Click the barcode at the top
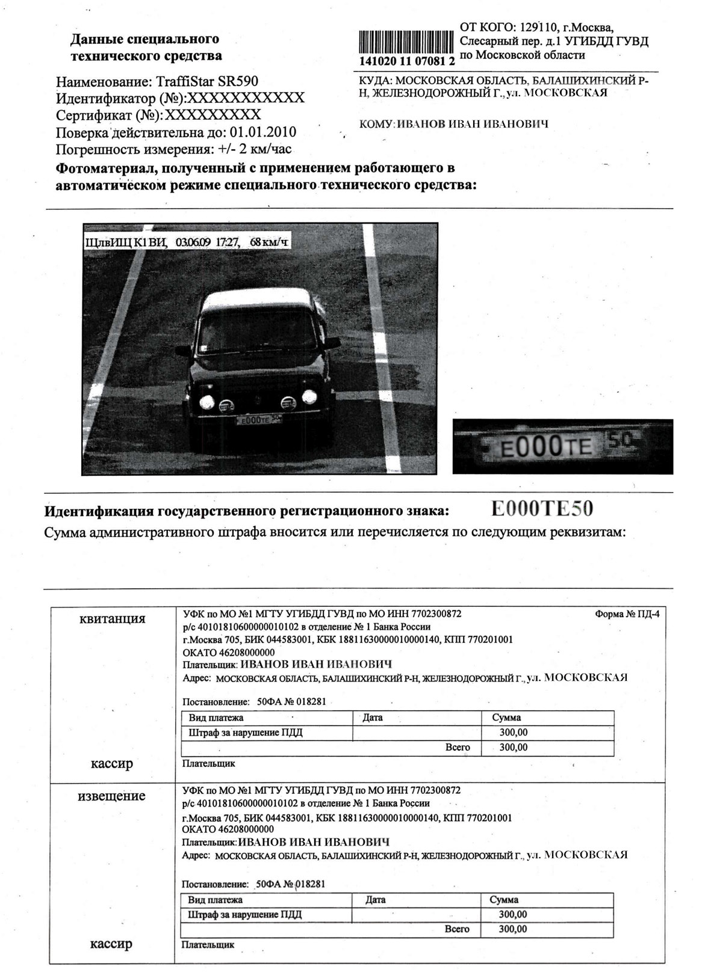[x=406, y=40]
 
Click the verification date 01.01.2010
[x=262, y=132]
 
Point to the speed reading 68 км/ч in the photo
[x=269, y=242]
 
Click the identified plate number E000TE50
[x=542, y=509]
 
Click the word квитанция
[x=113, y=618]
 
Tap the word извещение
[x=112, y=796]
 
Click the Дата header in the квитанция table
[x=373, y=718]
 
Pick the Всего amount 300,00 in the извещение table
[x=512, y=929]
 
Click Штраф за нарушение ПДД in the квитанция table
[x=246, y=733]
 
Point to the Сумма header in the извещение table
[x=504, y=900]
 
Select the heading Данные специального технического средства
[x=146, y=48]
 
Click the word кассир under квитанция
[x=112, y=764]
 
